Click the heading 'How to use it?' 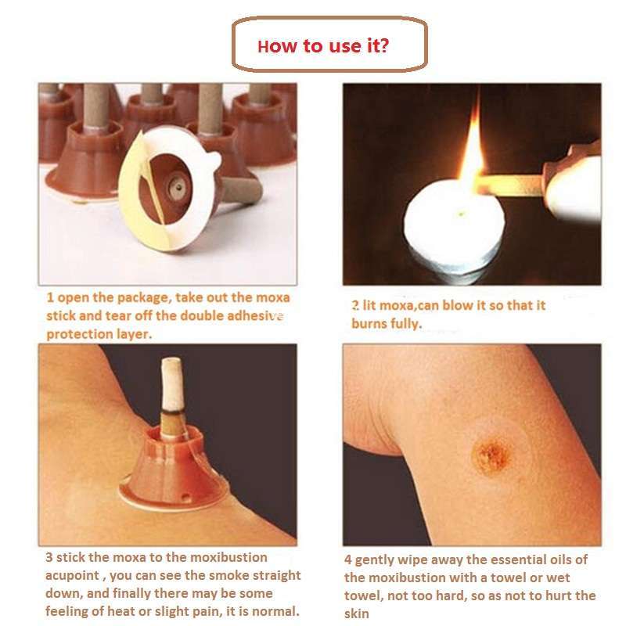click(323, 46)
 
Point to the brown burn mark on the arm click(491, 455)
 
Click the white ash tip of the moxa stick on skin click(172, 384)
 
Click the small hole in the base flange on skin click(185, 497)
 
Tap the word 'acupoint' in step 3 click(72, 576)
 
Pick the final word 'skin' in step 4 click(357, 613)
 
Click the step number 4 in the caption click(348, 560)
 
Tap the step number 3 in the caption click(49, 557)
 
